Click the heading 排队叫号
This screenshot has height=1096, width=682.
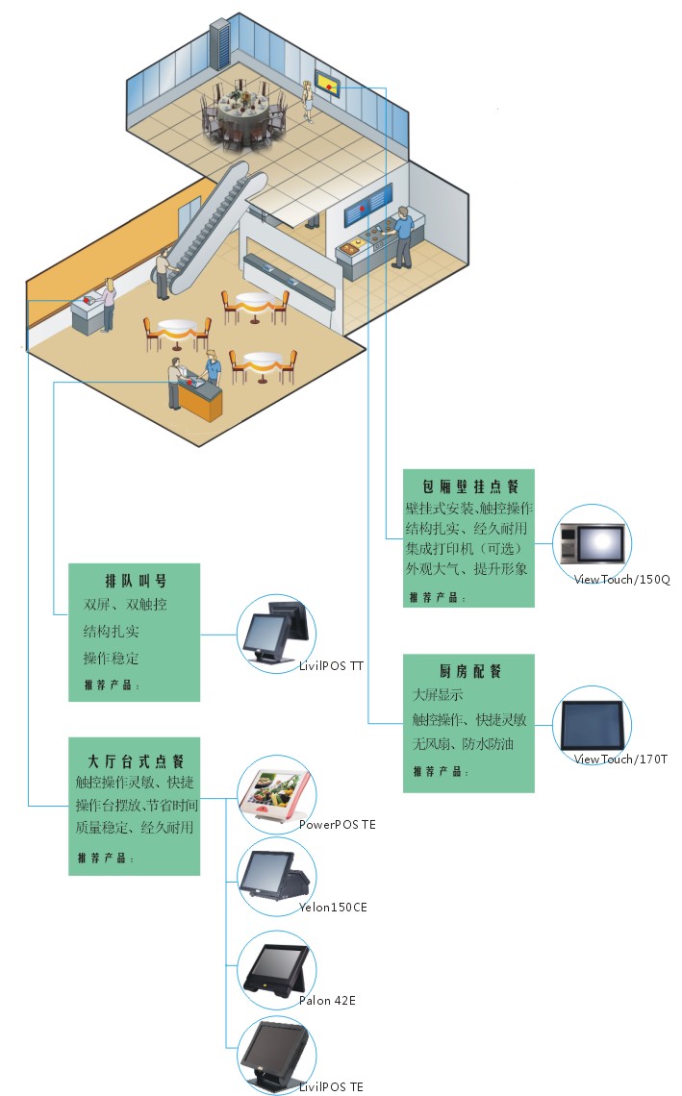(135, 581)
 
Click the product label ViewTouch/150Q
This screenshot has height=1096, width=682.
(621, 579)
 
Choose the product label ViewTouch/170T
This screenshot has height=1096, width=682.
(620, 760)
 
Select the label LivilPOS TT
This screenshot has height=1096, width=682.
(331, 665)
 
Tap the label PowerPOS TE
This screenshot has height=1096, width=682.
(337, 824)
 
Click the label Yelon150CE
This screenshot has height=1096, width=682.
(333, 907)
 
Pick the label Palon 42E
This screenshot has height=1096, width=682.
(327, 1001)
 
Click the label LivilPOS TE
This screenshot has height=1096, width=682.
(331, 1086)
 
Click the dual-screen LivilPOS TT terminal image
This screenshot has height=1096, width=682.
(276, 633)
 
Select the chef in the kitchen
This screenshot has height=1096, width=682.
(404, 236)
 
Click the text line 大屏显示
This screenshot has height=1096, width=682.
(438, 694)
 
